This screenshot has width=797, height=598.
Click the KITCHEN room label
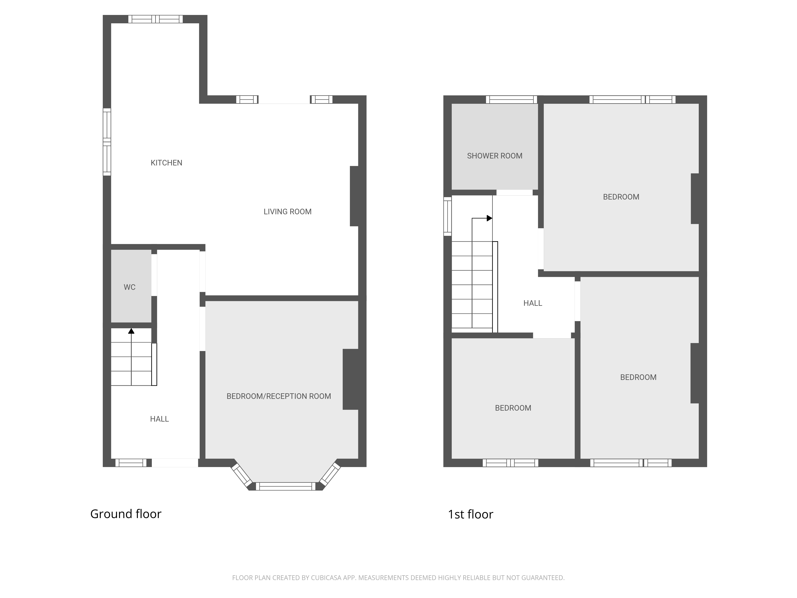[166, 163]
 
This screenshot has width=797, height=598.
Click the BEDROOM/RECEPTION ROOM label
[279, 396]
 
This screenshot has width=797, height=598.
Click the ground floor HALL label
[159, 419]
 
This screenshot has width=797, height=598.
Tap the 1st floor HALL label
[533, 303]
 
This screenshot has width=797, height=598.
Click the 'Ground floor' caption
[126, 514]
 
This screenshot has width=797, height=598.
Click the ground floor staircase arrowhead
[131, 331]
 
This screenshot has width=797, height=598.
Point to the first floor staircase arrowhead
[489, 218]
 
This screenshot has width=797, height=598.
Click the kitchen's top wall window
[156, 19]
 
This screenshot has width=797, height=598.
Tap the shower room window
[511, 99]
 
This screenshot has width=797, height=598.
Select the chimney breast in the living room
[354, 196]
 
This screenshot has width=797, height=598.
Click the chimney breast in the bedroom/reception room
[350, 379]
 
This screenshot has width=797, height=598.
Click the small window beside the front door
[131, 463]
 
